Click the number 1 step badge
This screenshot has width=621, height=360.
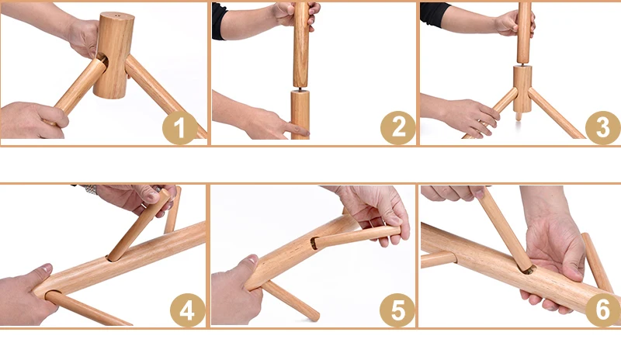tap(180, 127)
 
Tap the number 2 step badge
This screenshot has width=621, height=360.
tap(397, 127)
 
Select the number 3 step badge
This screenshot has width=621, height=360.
tap(603, 127)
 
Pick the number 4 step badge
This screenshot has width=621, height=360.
tap(188, 310)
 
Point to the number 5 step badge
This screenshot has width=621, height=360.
tap(397, 310)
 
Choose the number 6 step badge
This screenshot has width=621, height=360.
tap(603, 310)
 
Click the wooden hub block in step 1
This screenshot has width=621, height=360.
tap(113, 55)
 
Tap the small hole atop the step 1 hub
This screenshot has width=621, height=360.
tap(116, 16)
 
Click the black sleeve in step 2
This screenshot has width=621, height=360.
tap(220, 21)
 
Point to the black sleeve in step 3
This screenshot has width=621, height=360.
tap(435, 15)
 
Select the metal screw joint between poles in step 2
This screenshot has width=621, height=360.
tap(300, 88)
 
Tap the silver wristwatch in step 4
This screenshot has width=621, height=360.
tap(91, 189)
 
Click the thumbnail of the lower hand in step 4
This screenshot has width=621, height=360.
tap(47, 268)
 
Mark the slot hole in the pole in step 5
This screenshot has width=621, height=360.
tap(314, 243)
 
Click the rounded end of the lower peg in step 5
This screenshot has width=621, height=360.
tap(315, 317)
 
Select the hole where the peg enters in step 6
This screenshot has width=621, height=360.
tap(529, 270)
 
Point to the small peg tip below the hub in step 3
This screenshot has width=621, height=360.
tap(518, 116)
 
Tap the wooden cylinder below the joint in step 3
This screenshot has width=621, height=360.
tap(522, 88)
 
